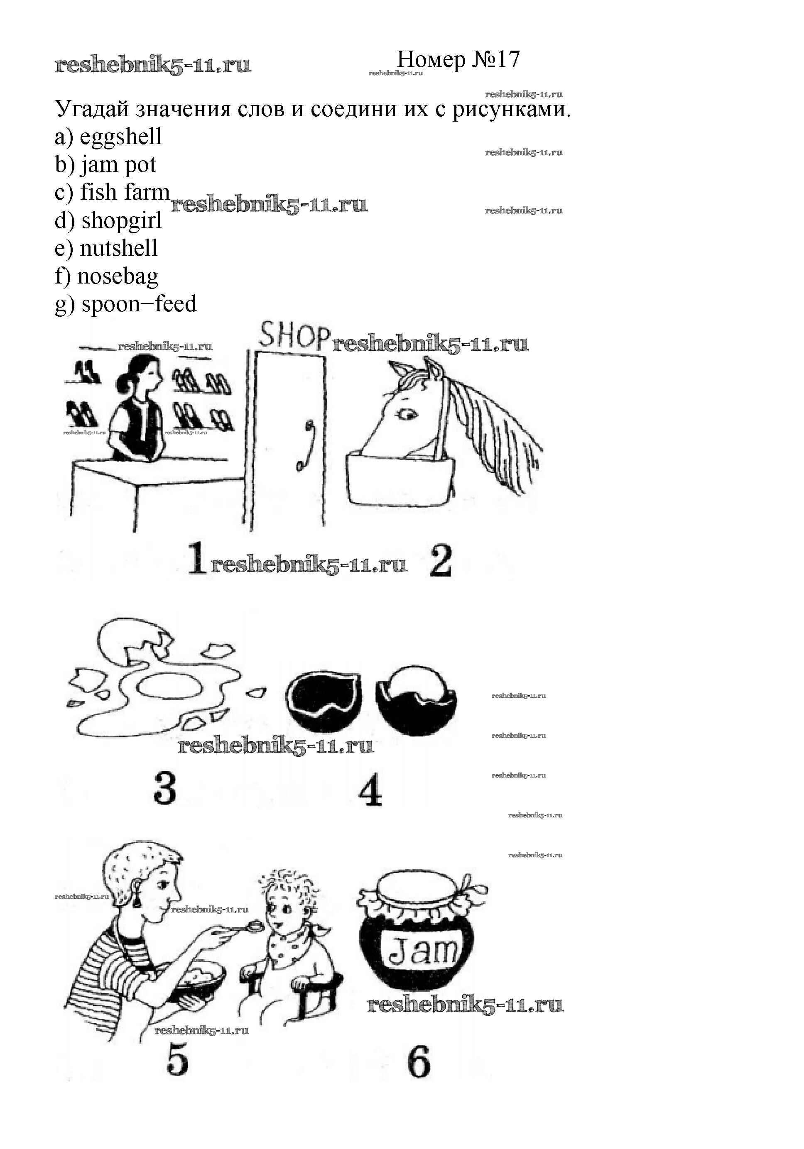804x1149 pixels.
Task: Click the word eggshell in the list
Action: (121, 137)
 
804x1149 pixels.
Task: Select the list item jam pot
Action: (118, 165)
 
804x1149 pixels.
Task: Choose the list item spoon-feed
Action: (139, 304)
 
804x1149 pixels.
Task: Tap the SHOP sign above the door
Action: (294, 335)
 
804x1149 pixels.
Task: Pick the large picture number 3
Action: (165, 787)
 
